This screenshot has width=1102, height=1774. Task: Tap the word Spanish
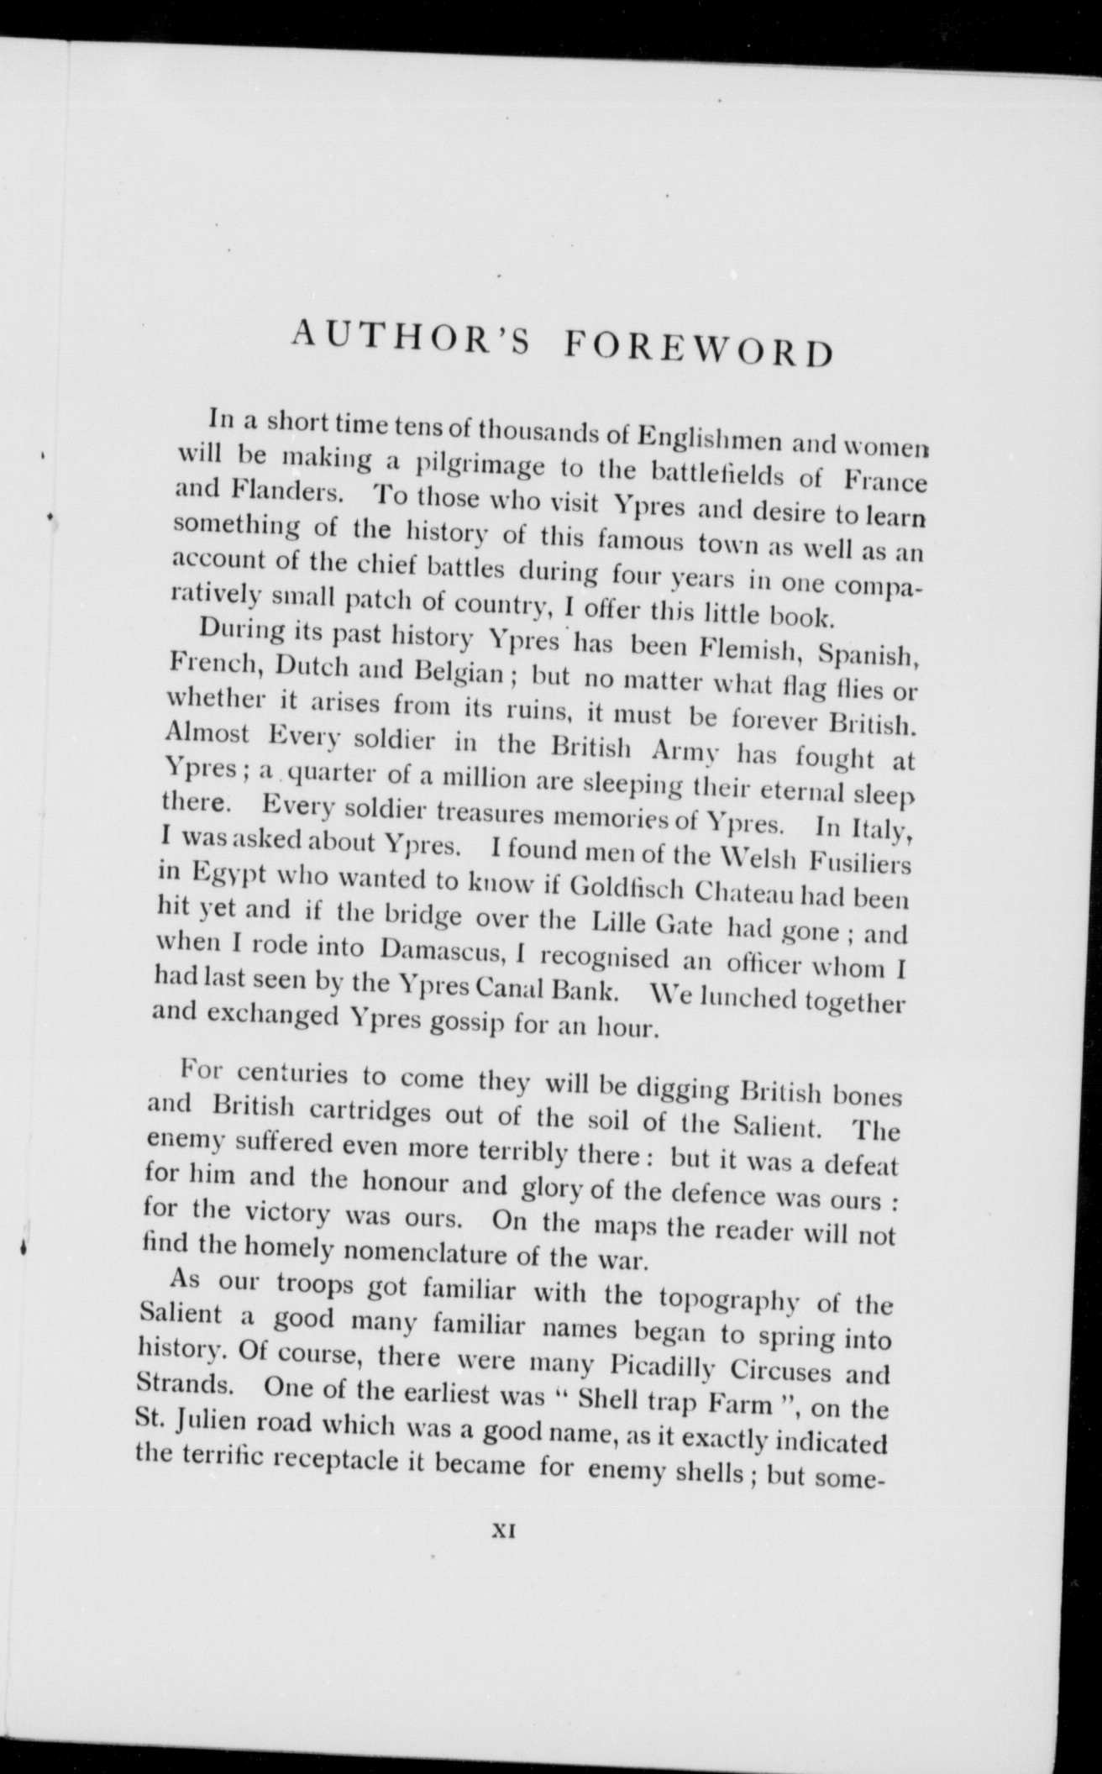873,655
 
